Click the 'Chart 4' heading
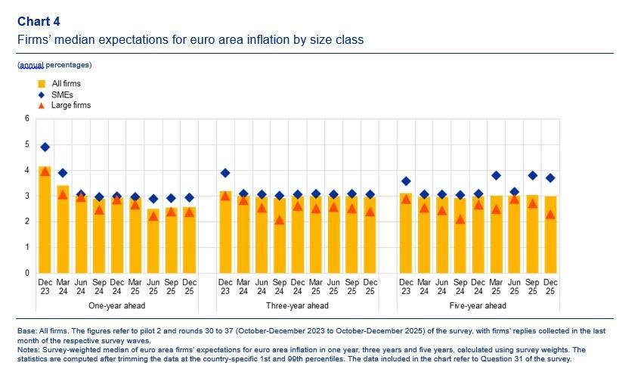39,20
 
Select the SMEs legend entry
61,94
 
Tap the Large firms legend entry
70,105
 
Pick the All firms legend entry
65,84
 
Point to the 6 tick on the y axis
27,119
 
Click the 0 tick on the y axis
27,273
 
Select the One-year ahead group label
117,305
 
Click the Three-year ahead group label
297,305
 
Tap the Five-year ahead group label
478,305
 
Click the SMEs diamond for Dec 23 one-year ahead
45,147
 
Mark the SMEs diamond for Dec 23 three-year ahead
225,173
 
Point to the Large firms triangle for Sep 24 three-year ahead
280,220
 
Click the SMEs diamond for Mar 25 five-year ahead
496,175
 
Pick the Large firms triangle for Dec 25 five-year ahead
550,214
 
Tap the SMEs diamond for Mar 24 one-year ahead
63,173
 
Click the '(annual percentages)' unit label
54,65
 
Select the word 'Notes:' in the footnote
28,350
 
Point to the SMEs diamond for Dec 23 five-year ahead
406,181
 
